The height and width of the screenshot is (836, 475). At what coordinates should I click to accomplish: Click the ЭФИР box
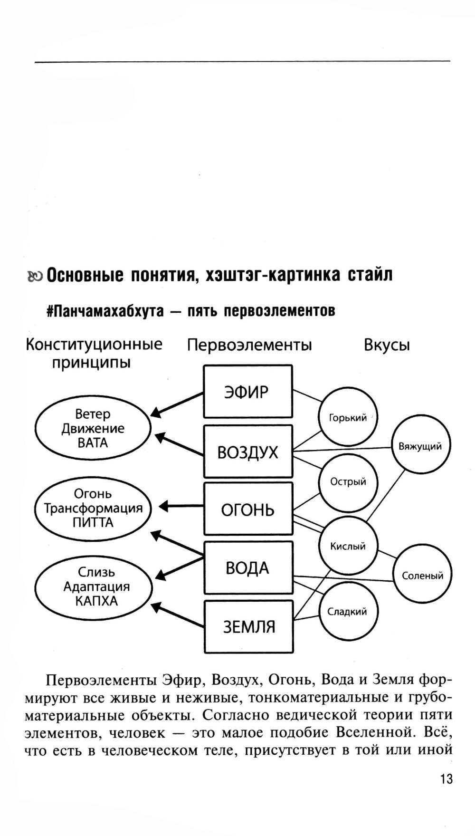point(247,392)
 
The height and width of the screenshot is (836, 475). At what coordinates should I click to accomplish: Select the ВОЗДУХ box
point(247,452)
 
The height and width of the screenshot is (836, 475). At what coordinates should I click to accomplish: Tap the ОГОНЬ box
point(247,509)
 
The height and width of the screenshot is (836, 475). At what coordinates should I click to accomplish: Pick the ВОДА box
point(247,568)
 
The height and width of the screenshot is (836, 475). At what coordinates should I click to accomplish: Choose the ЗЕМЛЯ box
point(248,626)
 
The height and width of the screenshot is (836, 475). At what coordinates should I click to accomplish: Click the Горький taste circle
point(348,417)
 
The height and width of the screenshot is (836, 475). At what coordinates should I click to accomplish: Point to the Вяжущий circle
point(420,445)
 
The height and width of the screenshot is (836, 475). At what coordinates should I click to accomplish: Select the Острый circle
point(348,482)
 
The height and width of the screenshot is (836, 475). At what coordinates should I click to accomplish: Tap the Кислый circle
point(348,546)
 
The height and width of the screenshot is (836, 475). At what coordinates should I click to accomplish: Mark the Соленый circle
point(422,575)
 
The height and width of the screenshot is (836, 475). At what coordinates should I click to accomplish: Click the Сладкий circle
point(348,611)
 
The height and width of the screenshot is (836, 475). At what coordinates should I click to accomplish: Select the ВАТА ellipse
point(93,428)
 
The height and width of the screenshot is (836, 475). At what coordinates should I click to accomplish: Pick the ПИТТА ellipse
point(93,509)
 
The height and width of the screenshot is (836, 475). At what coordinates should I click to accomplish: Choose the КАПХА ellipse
point(94,587)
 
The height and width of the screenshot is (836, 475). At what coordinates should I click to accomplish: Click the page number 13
point(446,779)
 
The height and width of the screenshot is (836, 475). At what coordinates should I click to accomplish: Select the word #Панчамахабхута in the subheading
point(105,311)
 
